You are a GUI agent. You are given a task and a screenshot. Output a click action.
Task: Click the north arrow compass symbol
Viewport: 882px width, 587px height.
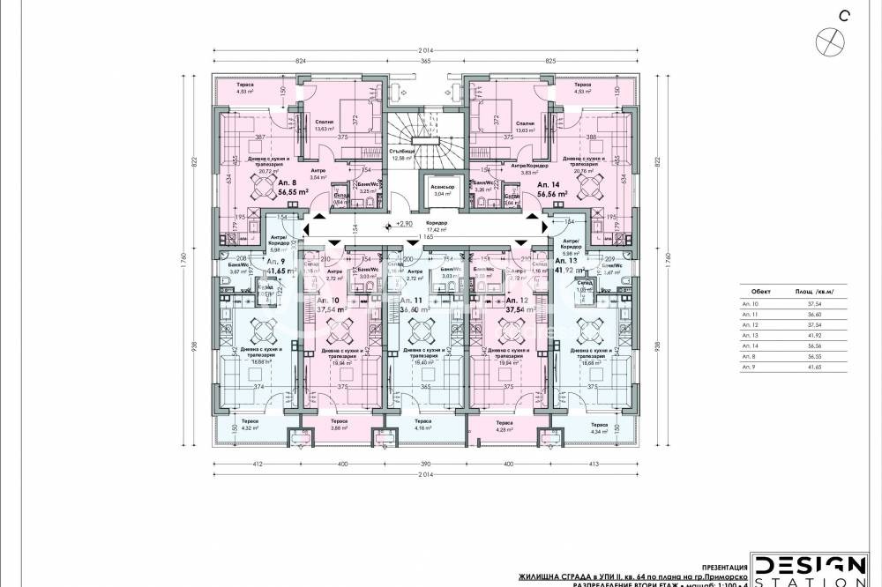coord(828,39)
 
